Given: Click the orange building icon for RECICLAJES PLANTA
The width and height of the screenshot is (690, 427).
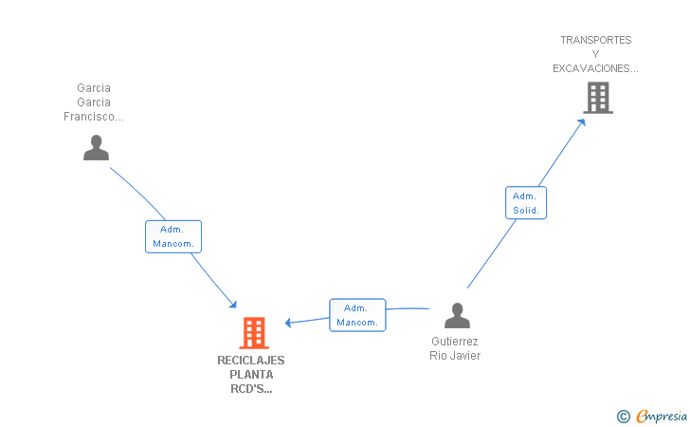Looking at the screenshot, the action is point(254,333).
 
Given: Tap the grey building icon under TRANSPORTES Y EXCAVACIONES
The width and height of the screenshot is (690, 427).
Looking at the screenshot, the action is point(598,99).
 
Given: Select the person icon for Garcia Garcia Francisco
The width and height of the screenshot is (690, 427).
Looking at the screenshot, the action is point(96,148).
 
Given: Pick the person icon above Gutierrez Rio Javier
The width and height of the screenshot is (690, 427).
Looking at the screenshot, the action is point(457,316).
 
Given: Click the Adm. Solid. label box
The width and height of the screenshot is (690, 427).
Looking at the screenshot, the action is point(526,203).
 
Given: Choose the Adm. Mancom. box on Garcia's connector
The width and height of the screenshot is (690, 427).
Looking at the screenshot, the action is point(173,236).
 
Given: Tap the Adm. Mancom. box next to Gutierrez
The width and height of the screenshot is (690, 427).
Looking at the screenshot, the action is point(357,315).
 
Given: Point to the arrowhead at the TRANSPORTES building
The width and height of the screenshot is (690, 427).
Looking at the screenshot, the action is point(582,122).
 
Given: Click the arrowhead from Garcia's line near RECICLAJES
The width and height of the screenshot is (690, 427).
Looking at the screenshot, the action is point(233,304).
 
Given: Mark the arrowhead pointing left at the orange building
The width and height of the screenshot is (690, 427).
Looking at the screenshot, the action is point(289,323).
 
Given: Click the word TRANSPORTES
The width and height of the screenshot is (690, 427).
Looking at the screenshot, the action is point(596,40).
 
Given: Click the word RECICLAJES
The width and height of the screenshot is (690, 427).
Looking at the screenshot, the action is point(251,361).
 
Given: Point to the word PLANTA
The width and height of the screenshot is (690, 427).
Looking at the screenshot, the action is point(251,375).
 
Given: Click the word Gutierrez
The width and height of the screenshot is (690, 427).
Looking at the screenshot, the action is point(455,342).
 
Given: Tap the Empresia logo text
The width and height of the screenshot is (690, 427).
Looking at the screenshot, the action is point(662,417).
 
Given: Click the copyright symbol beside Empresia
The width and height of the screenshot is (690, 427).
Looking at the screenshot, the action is point(624,417).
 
